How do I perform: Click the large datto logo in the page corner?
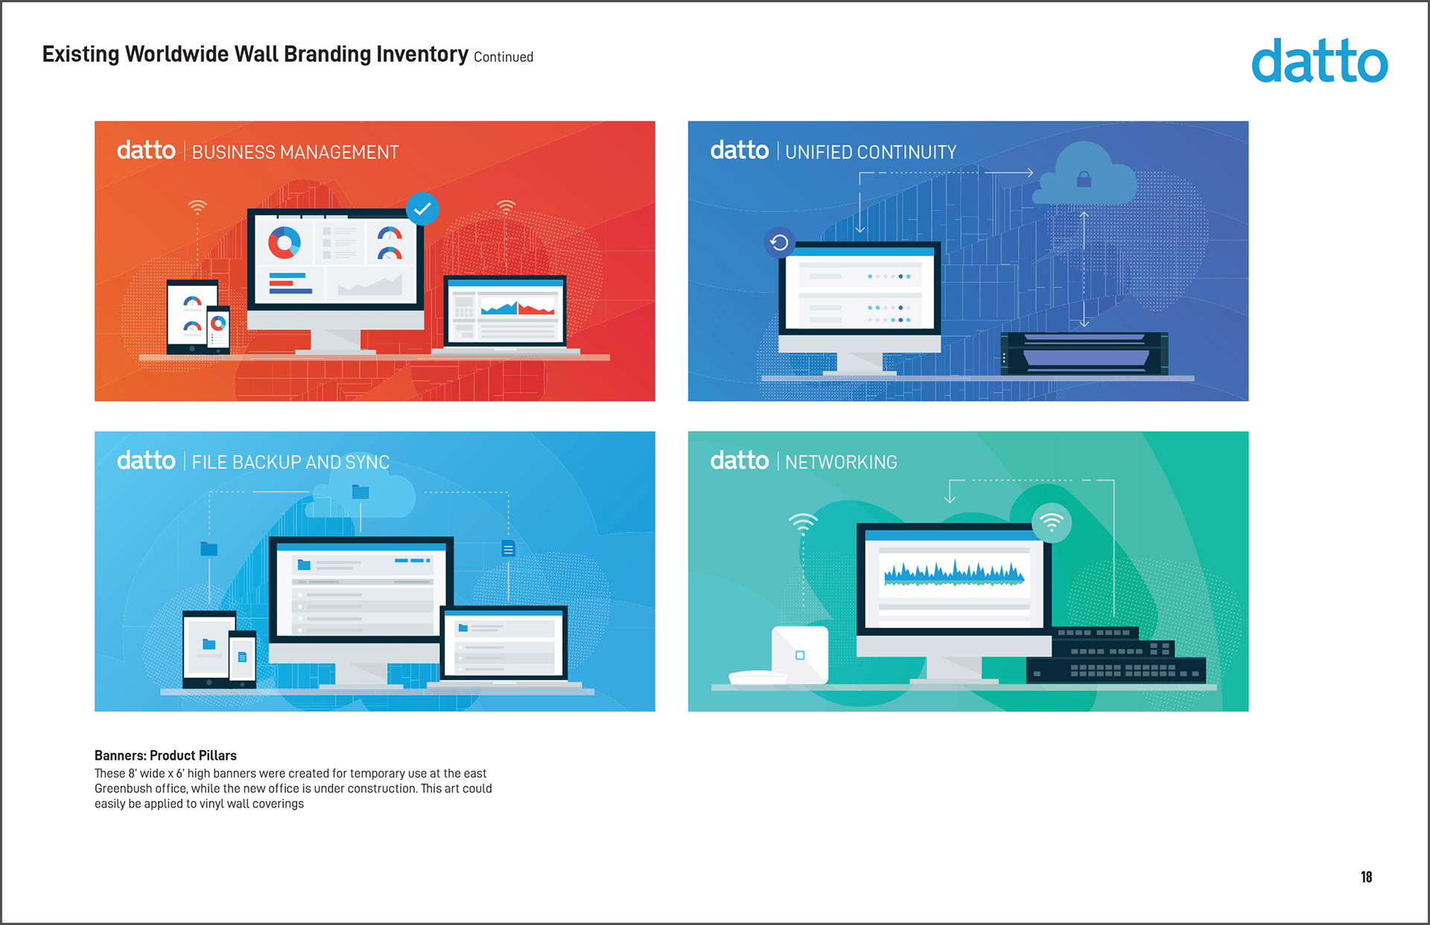tap(1319, 61)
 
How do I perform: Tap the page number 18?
tap(1366, 877)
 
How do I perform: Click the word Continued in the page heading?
tap(503, 57)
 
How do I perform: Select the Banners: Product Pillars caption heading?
tap(165, 755)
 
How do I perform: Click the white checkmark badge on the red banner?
tap(422, 209)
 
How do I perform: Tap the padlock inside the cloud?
tap(1084, 179)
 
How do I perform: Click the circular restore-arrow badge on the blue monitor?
tap(779, 242)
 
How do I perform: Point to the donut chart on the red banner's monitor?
tap(284, 242)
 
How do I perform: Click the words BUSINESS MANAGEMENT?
tap(296, 152)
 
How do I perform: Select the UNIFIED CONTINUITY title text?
tap(871, 152)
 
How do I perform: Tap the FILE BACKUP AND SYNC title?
tap(290, 462)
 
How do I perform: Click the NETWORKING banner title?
tap(841, 462)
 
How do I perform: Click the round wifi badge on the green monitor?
tap(1052, 523)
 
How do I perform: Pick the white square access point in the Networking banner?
tap(800, 655)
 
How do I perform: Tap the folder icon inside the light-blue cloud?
tap(360, 492)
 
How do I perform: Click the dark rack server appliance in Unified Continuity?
tap(1084, 353)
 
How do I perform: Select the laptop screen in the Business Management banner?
tap(505, 311)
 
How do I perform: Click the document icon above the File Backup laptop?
tap(508, 549)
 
